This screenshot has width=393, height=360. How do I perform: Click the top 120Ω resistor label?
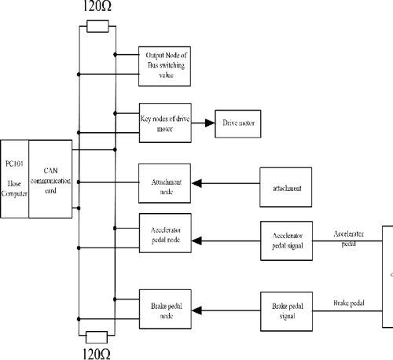coord(97,9)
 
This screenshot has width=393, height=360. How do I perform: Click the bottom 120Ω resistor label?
coord(97,353)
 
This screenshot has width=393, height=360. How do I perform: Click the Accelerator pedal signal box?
coord(287,238)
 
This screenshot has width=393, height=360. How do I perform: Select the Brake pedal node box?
coord(165,307)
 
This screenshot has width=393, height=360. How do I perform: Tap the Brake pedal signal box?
coord(287,308)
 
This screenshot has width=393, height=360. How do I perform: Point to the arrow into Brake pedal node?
coord(200,310)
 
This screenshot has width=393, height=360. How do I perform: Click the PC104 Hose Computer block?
coord(14,179)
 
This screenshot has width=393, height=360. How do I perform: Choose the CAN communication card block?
coord(50,179)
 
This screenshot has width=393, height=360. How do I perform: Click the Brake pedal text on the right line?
coord(348,302)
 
